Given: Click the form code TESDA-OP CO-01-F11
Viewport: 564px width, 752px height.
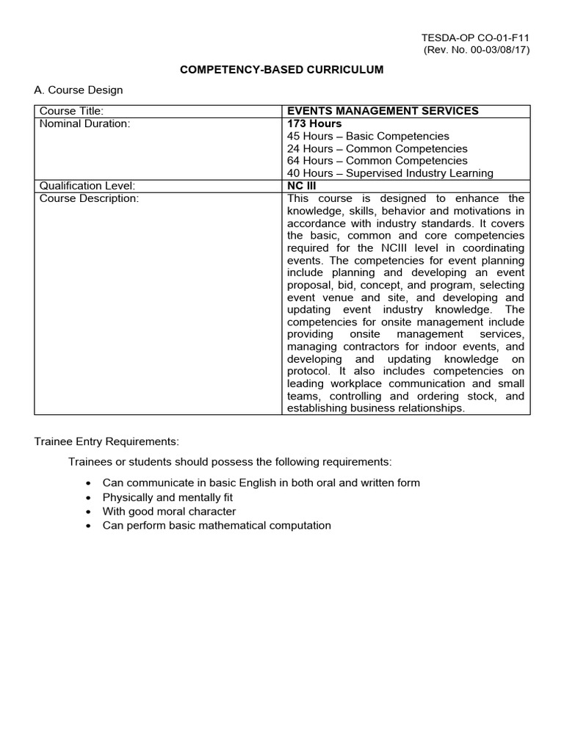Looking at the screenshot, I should [475, 37].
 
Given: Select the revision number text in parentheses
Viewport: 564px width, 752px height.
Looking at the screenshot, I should [477, 50].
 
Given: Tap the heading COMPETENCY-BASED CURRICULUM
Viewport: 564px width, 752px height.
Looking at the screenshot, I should [282, 70].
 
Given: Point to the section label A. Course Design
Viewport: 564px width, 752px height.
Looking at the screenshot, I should [79, 90].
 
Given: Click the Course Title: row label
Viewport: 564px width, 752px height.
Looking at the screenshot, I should [72, 111].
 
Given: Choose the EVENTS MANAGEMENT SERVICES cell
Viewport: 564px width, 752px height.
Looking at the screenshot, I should [383, 111].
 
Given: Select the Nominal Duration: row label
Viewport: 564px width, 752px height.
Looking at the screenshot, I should [84, 123].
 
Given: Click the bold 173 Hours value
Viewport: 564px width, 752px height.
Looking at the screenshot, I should [314, 123].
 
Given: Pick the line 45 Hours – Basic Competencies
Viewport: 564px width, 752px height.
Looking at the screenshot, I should [368, 136].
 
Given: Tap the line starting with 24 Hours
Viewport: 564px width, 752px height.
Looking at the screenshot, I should [377, 148].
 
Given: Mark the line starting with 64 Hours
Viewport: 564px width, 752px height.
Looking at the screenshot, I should [377, 161].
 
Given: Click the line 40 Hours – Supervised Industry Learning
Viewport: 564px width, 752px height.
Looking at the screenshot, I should [390, 173].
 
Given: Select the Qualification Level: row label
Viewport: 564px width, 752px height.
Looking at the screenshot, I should [87, 186].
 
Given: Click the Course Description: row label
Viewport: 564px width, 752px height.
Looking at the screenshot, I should [89, 198].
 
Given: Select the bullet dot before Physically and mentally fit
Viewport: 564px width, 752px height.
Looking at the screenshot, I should [89, 498].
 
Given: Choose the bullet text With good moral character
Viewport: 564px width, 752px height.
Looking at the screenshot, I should [169, 511].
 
